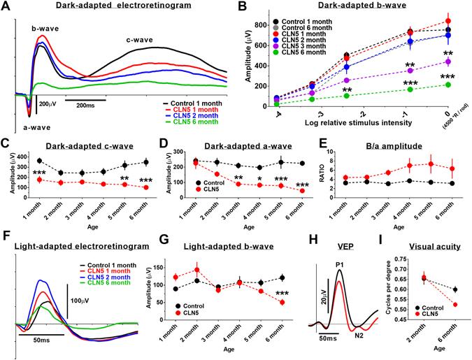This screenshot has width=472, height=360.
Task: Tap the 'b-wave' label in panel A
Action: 43,28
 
